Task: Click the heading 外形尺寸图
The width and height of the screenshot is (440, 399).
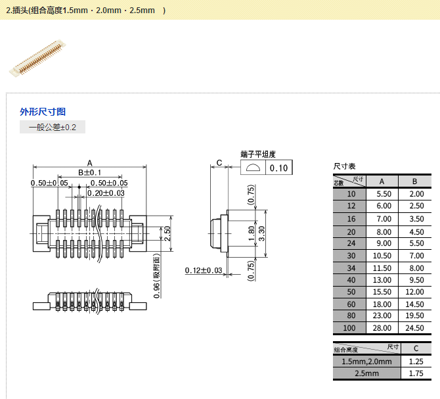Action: [x=43, y=112]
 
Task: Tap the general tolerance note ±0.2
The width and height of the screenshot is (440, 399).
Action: [x=53, y=128]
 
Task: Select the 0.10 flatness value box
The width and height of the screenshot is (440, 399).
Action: [x=279, y=168]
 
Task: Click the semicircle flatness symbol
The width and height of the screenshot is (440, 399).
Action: [x=253, y=168]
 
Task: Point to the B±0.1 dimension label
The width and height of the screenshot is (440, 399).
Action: [x=90, y=172]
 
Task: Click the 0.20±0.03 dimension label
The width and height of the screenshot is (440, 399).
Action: [x=106, y=193]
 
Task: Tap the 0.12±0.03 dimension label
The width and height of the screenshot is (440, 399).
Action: [x=204, y=271]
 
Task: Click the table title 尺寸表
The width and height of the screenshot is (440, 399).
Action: [x=345, y=167]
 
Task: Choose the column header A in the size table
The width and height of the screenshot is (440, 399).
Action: [x=384, y=181]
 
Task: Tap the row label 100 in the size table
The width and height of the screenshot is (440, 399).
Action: [x=351, y=328]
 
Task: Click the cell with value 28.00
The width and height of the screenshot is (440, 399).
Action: [x=384, y=328]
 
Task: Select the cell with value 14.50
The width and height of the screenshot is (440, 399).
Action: [x=416, y=304]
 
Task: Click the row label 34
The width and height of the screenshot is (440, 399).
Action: [x=351, y=268]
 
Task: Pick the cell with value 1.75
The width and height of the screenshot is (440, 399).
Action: [x=416, y=373]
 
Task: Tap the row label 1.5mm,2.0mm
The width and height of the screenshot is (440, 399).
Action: [x=366, y=362]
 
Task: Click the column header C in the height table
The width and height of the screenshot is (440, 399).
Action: [x=416, y=349]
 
